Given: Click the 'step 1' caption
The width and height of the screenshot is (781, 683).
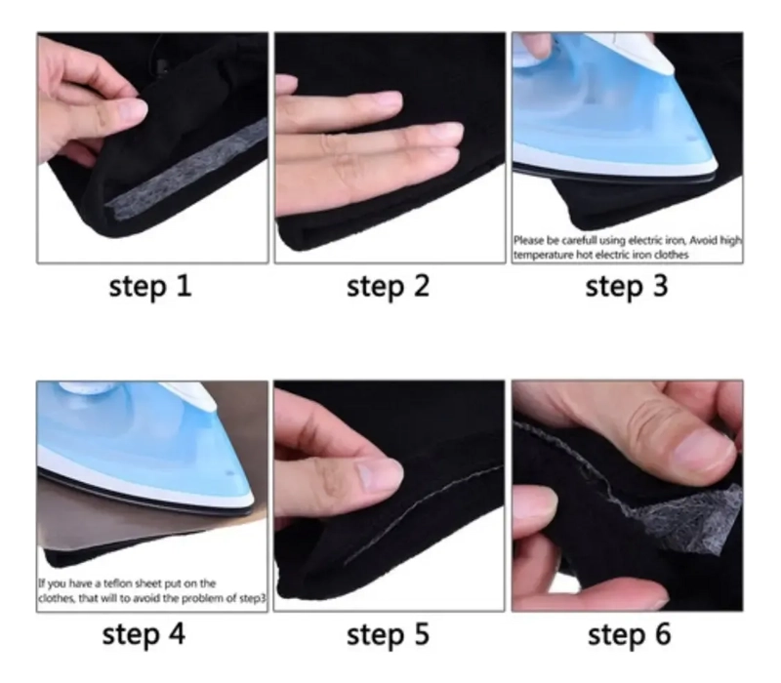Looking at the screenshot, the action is [x=150, y=287].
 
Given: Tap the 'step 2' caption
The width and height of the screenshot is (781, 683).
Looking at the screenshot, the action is [x=388, y=287].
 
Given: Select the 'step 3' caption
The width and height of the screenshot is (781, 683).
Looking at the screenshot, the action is [x=627, y=287].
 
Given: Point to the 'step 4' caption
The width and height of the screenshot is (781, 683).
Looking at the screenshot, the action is [x=144, y=635].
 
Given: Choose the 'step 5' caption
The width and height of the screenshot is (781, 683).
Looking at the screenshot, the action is [x=388, y=635].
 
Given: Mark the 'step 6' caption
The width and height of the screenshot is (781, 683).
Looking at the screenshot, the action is [x=629, y=635].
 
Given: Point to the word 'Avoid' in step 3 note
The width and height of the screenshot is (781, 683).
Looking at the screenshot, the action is [x=703, y=240].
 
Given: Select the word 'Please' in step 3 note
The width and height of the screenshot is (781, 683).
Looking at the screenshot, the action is [x=529, y=240].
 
